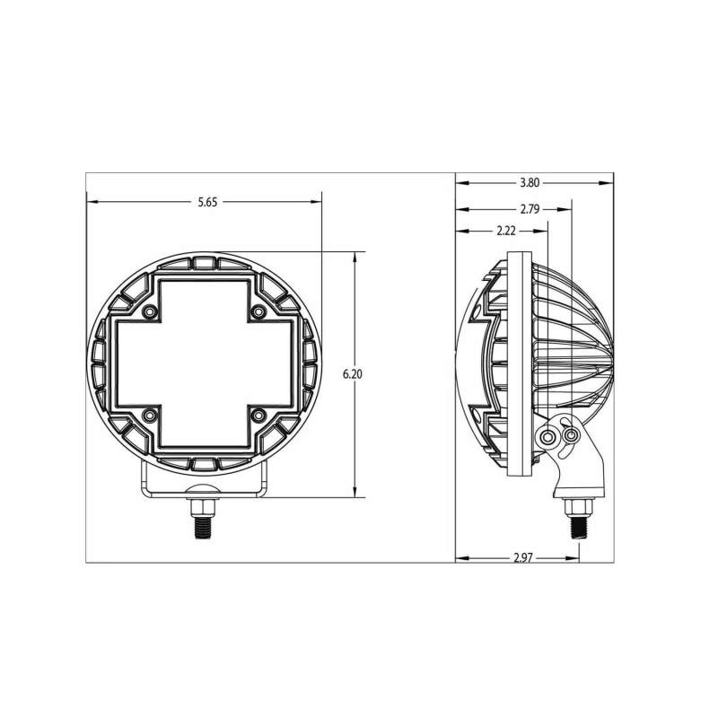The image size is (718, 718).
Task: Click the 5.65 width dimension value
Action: (207, 203)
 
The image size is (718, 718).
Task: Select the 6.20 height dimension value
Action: (352, 374)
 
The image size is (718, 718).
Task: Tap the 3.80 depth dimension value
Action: (530, 183)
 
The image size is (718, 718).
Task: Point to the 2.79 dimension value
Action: (530, 209)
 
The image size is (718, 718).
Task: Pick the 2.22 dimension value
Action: (504, 231)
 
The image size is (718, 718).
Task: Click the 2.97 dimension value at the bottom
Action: (524, 557)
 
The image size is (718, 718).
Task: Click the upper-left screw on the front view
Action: (149, 311)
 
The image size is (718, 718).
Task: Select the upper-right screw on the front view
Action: (258, 311)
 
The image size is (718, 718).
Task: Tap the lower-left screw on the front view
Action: (149, 415)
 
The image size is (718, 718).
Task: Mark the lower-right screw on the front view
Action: (258, 415)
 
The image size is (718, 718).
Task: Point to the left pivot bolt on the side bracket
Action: (547, 436)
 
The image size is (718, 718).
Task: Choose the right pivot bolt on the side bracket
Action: (571, 435)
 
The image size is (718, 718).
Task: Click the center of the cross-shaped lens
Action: (204, 363)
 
